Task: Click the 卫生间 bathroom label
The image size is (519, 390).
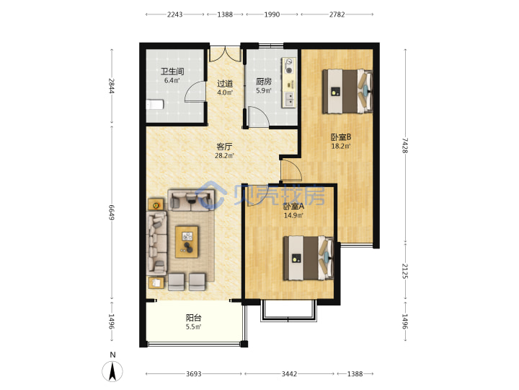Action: (x=172, y=71)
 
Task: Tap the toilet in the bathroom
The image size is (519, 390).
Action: (x=154, y=105)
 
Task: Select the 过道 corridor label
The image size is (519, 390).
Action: (x=225, y=84)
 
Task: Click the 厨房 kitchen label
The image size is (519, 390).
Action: (x=264, y=82)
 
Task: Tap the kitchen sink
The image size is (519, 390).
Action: (x=289, y=99)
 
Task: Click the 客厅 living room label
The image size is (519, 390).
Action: (x=224, y=147)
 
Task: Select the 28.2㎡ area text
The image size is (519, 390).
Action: (x=224, y=155)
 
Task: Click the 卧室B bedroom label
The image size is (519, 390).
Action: (x=341, y=137)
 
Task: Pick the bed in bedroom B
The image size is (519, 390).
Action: (x=347, y=91)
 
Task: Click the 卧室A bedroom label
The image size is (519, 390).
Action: (x=293, y=207)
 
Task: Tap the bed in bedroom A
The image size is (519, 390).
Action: (x=309, y=258)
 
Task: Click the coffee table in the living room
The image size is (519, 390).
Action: (x=187, y=242)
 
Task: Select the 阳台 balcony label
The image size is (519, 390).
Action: (x=193, y=318)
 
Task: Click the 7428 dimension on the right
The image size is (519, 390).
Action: (x=405, y=146)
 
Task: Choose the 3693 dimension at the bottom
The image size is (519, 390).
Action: (x=194, y=374)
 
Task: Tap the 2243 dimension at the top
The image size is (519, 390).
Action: (x=174, y=14)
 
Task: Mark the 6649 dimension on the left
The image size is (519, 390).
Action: (x=112, y=212)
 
